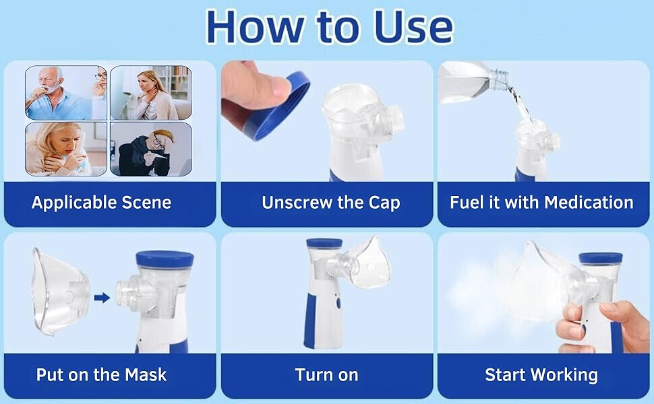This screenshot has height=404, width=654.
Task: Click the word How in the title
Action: coord(256,28)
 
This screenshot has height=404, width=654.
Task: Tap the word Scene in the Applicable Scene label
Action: coord(146,203)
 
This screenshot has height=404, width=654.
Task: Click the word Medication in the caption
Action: coord(589,203)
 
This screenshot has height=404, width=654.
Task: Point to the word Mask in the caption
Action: coord(146,374)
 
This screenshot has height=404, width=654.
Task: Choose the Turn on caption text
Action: coord(326,374)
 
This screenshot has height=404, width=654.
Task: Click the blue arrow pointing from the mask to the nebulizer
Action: coord(102,298)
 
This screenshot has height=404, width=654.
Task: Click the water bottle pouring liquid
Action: coord(473,81)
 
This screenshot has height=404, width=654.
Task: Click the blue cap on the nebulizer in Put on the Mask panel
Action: coord(165,259)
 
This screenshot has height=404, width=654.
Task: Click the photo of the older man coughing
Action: coord(66,93)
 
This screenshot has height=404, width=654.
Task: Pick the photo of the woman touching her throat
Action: coord(151,93)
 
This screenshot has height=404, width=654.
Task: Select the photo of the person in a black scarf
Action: coord(151,149)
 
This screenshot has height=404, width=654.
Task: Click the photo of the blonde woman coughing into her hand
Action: coord(66,149)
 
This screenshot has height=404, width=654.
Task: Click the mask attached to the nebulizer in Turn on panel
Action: coord(367,265)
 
